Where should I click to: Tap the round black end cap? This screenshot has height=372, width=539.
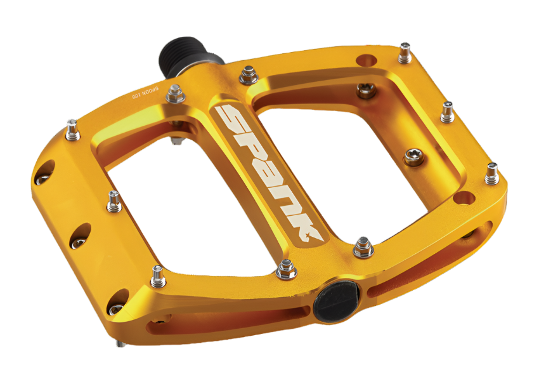337,296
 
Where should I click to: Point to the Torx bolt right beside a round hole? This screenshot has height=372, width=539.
366,90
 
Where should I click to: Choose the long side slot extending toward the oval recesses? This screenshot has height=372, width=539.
222,321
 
